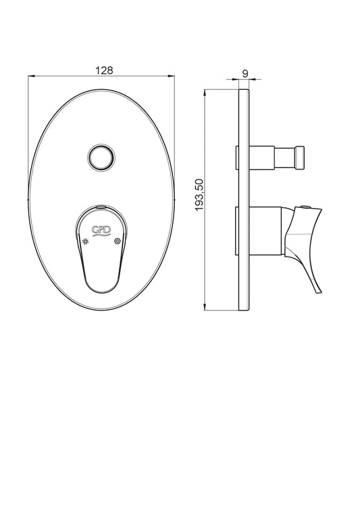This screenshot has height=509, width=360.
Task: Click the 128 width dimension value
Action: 104,70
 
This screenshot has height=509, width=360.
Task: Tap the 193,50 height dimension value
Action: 199,194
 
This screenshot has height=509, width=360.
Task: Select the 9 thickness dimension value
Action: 245,74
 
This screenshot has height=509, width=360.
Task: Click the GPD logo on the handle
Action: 101,230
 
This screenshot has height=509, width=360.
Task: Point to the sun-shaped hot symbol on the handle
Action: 86,242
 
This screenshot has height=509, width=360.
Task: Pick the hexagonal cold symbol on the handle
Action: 117,242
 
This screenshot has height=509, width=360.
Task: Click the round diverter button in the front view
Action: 101,157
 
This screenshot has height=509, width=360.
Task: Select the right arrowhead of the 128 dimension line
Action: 171,76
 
